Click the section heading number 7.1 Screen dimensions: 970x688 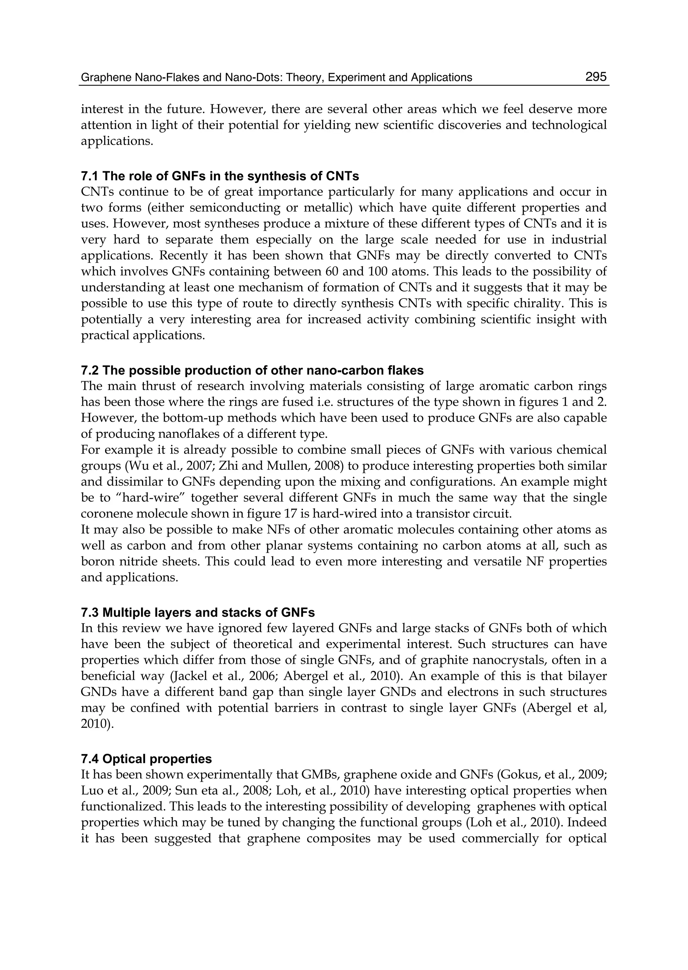tap(90, 176)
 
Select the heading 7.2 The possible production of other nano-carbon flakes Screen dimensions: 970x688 tap(252, 370)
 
